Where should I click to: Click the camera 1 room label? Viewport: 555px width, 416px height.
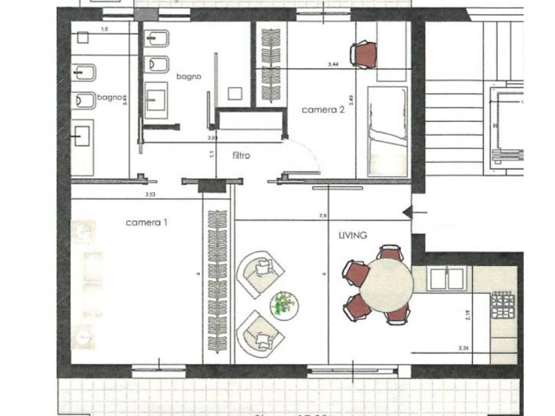[x=146, y=222]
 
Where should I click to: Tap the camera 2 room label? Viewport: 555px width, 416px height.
[x=323, y=109]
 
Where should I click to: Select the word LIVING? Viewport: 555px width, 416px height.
[x=352, y=235]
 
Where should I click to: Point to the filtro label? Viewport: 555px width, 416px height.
[x=241, y=155]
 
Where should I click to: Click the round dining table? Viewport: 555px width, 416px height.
[x=386, y=285]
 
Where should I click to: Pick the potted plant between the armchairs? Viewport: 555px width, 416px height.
[x=284, y=303]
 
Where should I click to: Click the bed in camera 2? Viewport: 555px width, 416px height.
[x=387, y=131]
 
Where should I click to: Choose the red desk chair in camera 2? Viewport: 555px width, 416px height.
[x=365, y=55]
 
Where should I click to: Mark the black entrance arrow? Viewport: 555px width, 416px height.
[x=407, y=213]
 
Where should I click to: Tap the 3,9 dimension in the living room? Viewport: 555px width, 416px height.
[x=323, y=216]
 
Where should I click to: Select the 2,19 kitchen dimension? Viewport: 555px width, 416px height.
[x=468, y=315]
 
